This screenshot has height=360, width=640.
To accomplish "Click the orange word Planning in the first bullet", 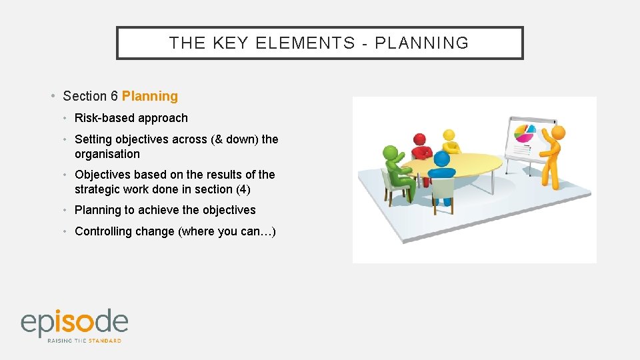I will point(150,96).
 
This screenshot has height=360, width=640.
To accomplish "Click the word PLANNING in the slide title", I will point(422,43).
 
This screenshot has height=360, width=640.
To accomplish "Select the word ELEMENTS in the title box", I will point(305,43).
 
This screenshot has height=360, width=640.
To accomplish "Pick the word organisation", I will point(107,154).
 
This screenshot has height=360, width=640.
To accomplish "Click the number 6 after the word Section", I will point(115,96).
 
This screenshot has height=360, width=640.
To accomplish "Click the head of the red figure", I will point(419,139).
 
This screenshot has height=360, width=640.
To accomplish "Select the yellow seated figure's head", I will point(449,135).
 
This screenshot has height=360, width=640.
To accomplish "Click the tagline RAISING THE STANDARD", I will point(84,341).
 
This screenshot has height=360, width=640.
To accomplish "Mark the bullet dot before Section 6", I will point(53,96).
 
